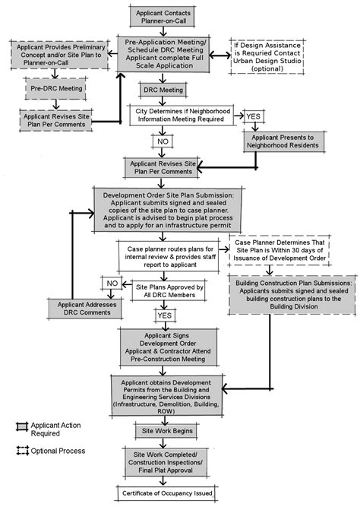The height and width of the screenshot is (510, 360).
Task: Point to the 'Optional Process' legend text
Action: click(58, 451)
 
